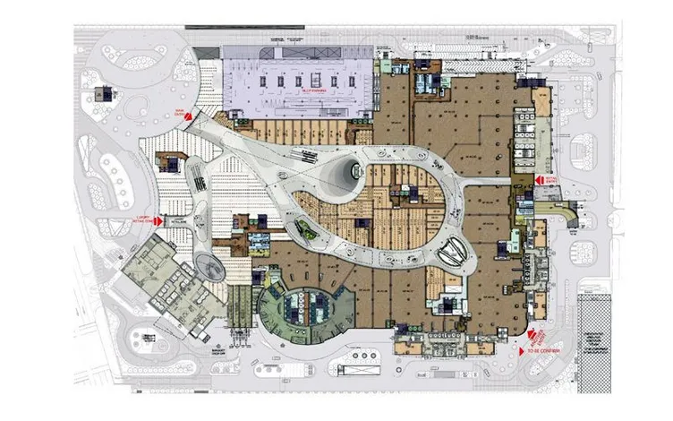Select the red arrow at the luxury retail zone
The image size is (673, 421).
coord(158,220)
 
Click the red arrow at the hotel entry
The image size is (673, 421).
coord(539,180)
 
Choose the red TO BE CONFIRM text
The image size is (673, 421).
coord(543,350)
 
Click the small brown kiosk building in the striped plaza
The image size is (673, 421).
coord(167,162)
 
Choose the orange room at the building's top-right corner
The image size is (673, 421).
coord(542,96)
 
